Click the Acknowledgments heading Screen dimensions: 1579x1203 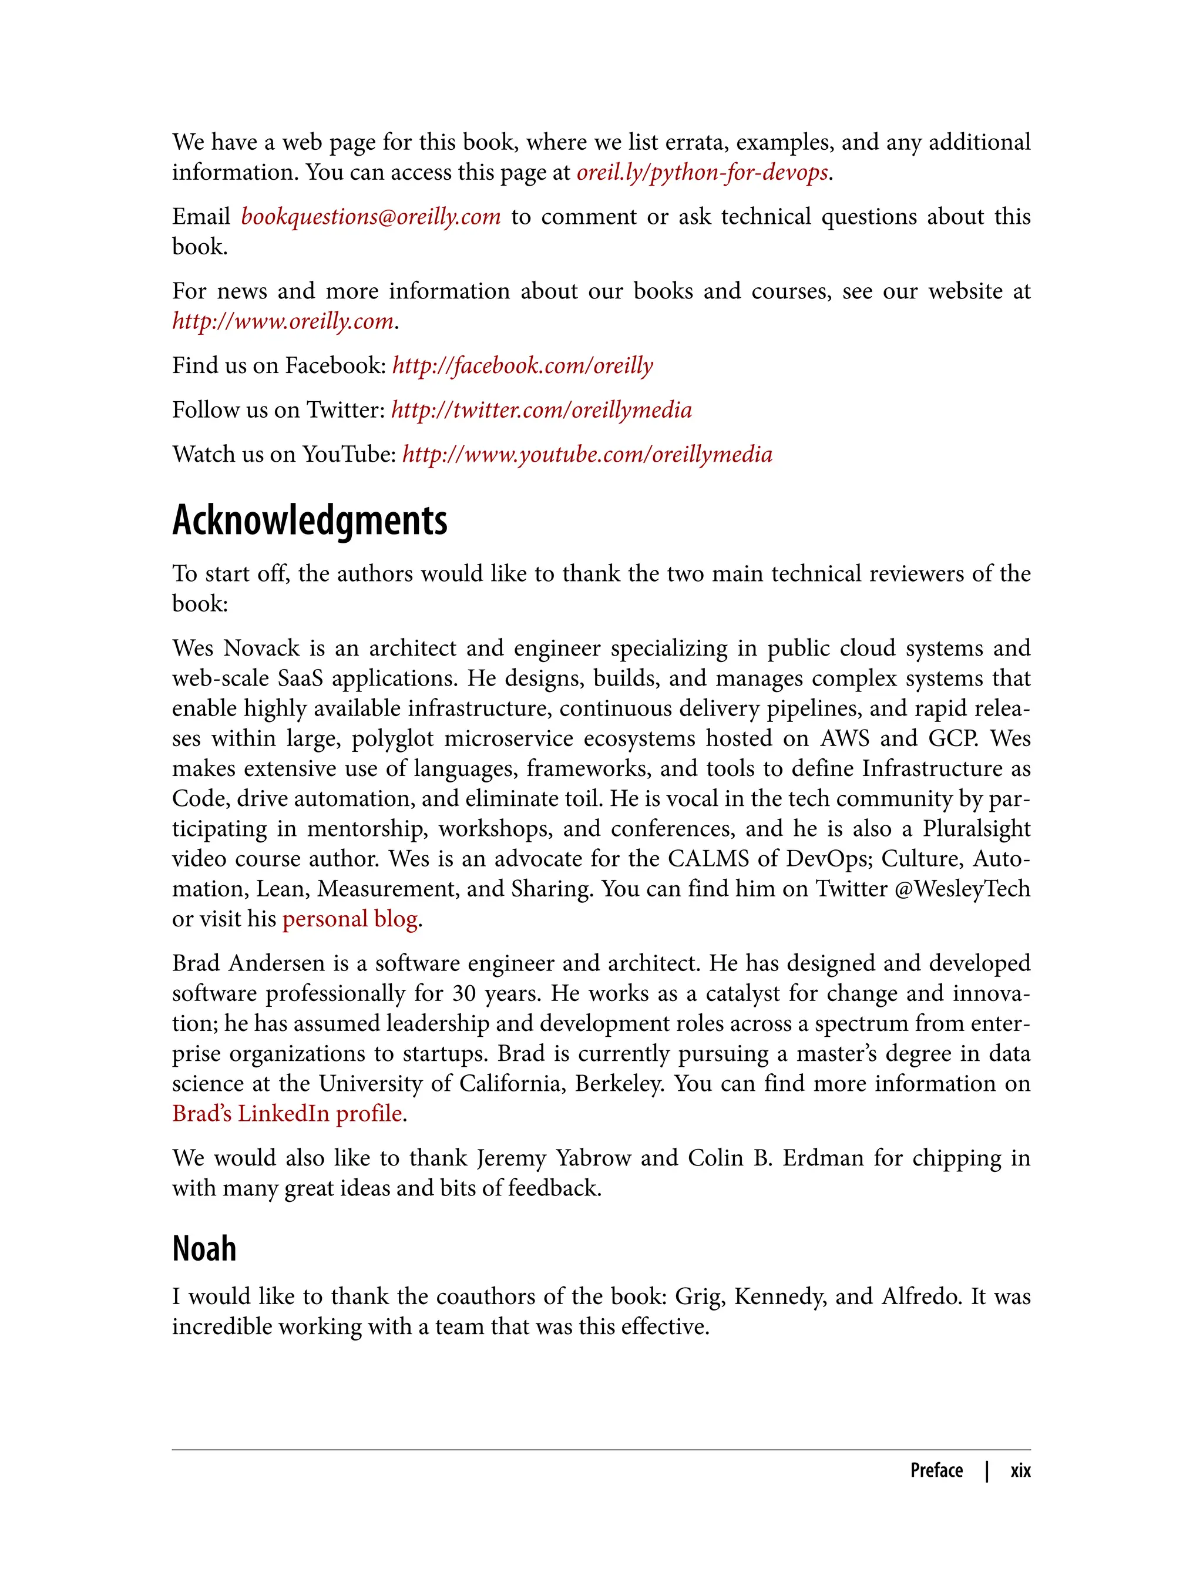(310, 520)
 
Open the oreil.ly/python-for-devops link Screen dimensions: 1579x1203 (702, 173)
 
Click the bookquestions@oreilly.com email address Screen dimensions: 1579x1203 (370, 217)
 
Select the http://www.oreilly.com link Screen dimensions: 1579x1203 (283, 321)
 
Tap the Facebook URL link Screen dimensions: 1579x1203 (523, 365)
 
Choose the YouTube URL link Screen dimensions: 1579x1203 (587, 454)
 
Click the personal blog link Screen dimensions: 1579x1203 (350, 919)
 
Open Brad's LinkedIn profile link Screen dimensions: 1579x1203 (287, 1114)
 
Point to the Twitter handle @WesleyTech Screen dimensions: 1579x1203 (962, 889)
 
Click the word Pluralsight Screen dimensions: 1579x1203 (976, 828)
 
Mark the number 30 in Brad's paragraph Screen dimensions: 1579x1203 (463, 994)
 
